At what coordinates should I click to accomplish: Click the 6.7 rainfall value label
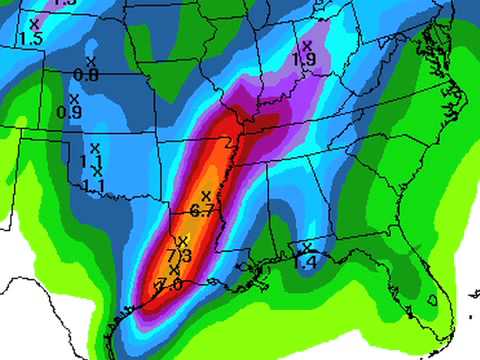point(201,210)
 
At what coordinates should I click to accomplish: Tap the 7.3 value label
point(182,257)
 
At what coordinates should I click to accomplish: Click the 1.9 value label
point(305,60)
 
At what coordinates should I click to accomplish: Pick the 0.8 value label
point(86,76)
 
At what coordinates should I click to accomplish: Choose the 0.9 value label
point(70,113)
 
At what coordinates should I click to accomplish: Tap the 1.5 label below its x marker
point(30,38)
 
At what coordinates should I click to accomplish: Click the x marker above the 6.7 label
point(206,195)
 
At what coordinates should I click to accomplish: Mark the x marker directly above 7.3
point(182,241)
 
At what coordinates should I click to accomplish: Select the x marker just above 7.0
point(174,270)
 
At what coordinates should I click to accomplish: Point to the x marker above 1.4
point(307,246)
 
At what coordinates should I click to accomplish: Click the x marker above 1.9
point(307,45)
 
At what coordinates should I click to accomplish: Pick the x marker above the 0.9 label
point(74,98)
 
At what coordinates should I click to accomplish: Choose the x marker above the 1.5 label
point(34,22)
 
